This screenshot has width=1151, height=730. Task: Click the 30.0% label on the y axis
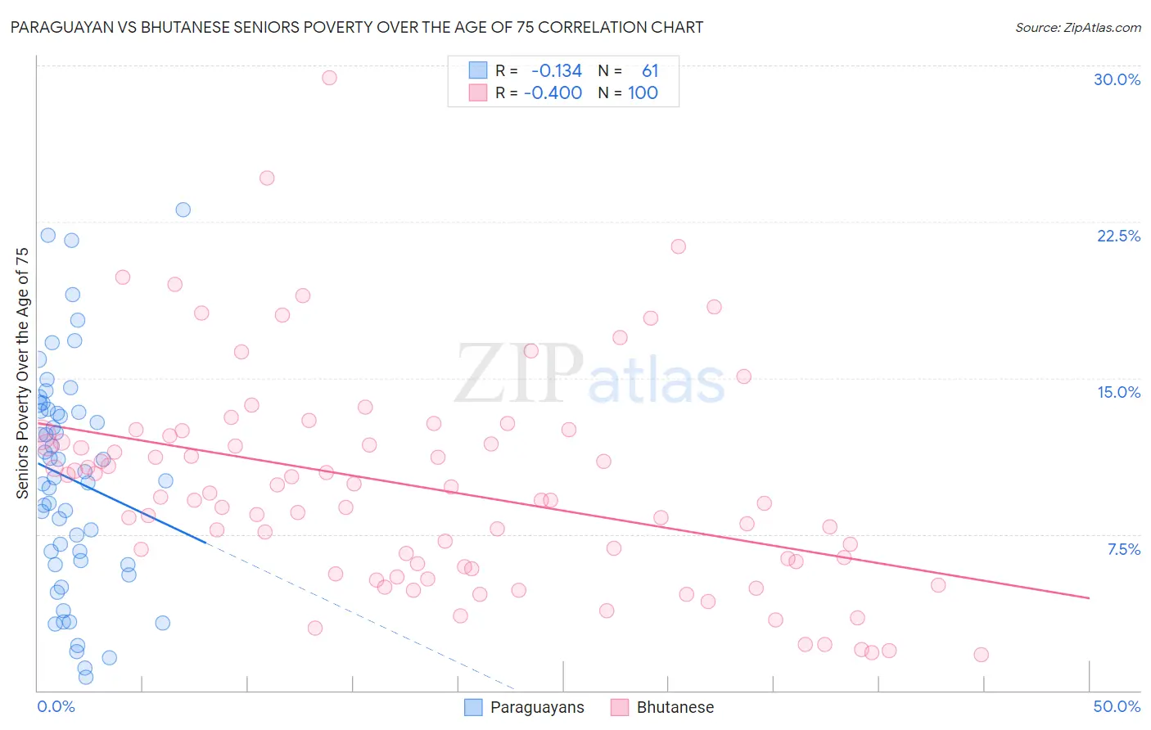(x=1117, y=79)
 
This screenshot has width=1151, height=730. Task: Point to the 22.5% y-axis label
(x=1118, y=236)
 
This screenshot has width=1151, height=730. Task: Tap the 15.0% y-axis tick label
(x=1118, y=392)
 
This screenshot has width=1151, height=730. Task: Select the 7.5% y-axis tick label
(x=1123, y=549)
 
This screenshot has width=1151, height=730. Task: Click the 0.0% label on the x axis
(x=56, y=706)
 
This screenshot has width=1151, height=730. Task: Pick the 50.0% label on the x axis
(x=1117, y=706)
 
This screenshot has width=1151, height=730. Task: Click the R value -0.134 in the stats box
(x=557, y=70)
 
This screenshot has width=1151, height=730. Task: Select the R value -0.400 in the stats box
(x=553, y=92)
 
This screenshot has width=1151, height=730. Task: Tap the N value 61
(x=650, y=70)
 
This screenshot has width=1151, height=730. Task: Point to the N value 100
(x=643, y=92)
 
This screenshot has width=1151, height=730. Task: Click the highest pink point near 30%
(x=329, y=78)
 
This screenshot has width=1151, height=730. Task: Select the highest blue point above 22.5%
(x=183, y=210)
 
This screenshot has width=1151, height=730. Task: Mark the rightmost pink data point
(x=981, y=655)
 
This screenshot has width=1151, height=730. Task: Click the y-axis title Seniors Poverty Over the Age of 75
(x=22, y=373)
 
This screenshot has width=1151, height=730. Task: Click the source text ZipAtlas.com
(x=1078, y=28)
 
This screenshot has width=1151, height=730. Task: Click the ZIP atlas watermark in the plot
(x=589, y=375)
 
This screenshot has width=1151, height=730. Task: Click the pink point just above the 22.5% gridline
(x=678, y=246)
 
